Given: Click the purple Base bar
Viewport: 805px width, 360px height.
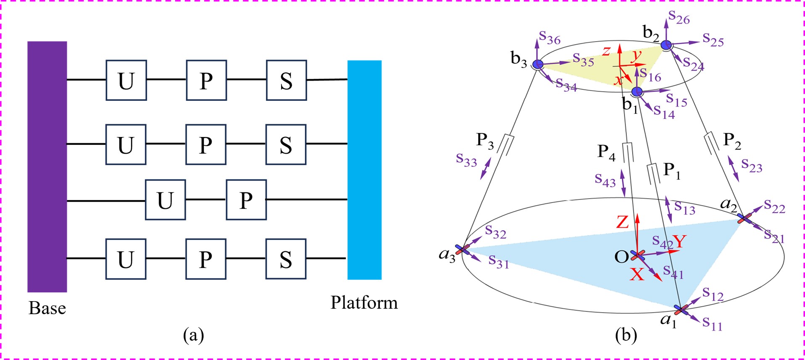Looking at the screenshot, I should (x=47, y=166).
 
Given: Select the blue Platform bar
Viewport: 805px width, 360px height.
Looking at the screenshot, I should (x=364, y=170).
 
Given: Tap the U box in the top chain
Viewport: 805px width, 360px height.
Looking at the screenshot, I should (x=126, y=80).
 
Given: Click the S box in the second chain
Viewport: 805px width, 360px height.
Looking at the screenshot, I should (x=286, y=145).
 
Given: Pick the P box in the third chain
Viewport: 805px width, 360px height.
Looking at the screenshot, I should (x=246, y=200).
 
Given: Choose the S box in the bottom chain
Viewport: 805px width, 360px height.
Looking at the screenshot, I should (x=286, y=259).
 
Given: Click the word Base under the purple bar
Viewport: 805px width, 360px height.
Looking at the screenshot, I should (x=47, y=308).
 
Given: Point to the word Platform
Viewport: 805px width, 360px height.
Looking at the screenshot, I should (x=364, y=302).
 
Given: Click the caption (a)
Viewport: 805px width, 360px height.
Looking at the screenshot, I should (x=194, y=335).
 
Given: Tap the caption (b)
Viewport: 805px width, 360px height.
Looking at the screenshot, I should (x=626, y=335).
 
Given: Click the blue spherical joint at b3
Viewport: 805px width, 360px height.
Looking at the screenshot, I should (x=538, y=64).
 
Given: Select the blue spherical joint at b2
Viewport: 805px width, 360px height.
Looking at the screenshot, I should (x=666, y=45).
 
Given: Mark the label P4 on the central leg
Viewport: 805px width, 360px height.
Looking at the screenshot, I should (x=606, y=152).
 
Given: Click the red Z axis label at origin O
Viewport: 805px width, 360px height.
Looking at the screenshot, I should (x=622, y=222).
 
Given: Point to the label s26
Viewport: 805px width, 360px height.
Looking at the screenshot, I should (x=679, y=18).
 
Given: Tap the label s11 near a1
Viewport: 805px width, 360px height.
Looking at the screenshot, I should (x=712, y=323).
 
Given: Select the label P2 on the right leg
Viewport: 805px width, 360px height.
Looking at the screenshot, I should (x=732, y=141).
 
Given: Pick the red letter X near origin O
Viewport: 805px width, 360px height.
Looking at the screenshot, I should (x=637, y=274).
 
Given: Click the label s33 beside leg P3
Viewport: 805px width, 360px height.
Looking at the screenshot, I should (x=466, y=160).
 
